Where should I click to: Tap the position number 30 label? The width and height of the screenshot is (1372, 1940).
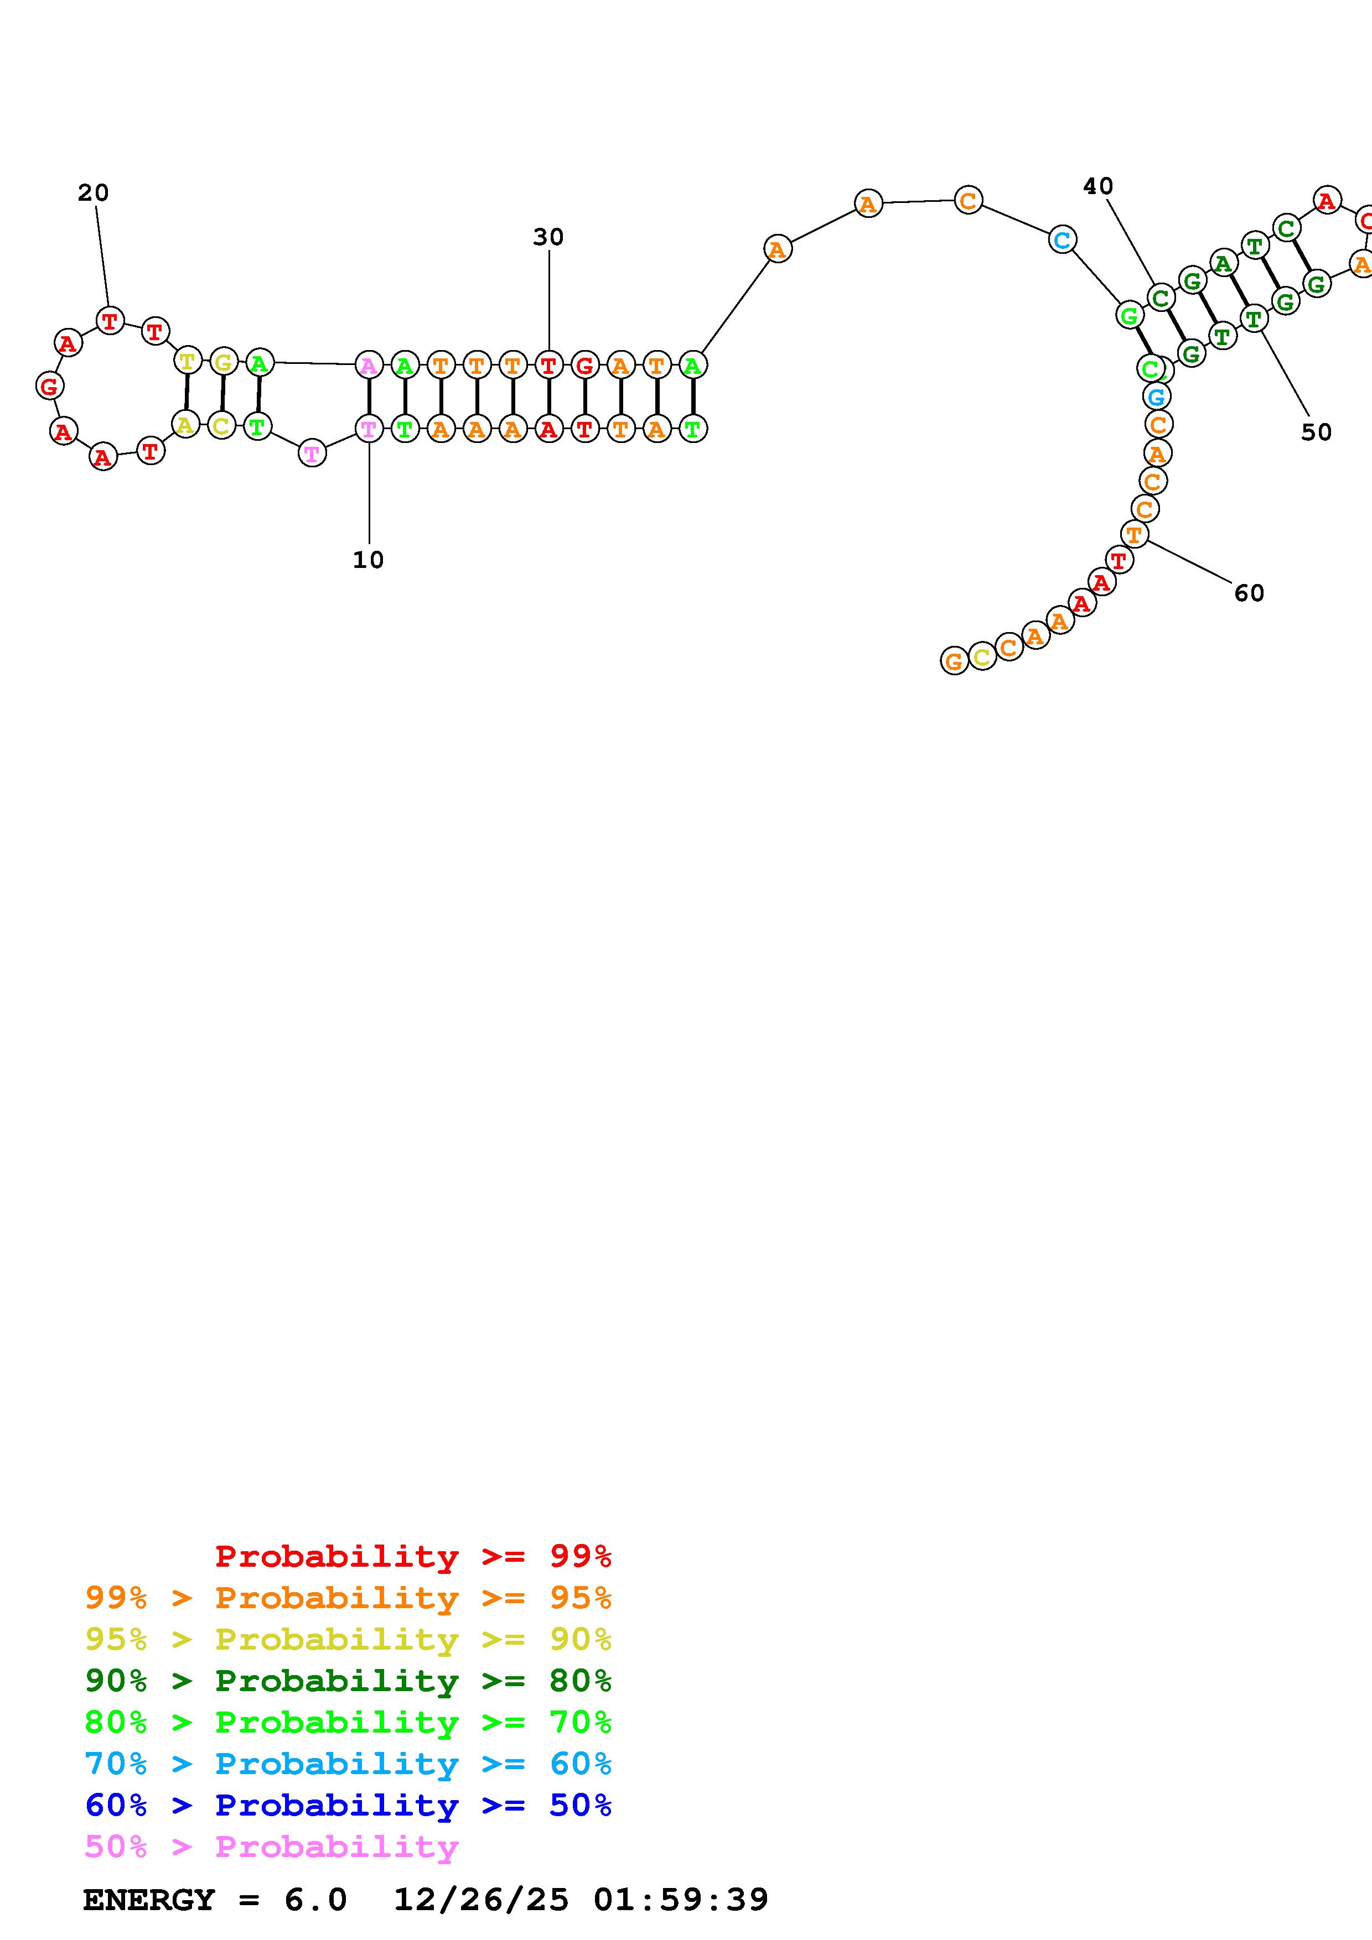click(x=548, y=237)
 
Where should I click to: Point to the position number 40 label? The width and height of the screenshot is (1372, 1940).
click(x=1097, y=186)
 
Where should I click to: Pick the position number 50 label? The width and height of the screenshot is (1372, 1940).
click(x=1316, y=432)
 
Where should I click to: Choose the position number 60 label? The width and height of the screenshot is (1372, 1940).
click(x=1249, y=593)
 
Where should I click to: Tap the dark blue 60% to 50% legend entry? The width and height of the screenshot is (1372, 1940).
click(x=348, y=1806)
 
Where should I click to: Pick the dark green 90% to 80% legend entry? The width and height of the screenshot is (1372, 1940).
click(x=348, y=1681)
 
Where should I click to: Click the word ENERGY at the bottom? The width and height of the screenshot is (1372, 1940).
click(x=149, y=1900)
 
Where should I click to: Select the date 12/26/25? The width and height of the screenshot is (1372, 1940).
click(x=481, y=1900)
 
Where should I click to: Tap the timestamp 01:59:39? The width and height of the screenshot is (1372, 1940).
click(x=681, y=1900)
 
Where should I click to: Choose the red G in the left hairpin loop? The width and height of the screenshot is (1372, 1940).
click(x=50, y=386)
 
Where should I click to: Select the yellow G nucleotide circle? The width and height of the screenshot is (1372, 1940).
click(x=223, y=362)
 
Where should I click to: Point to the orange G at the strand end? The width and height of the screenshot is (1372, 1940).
click(x=954, y=661)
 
